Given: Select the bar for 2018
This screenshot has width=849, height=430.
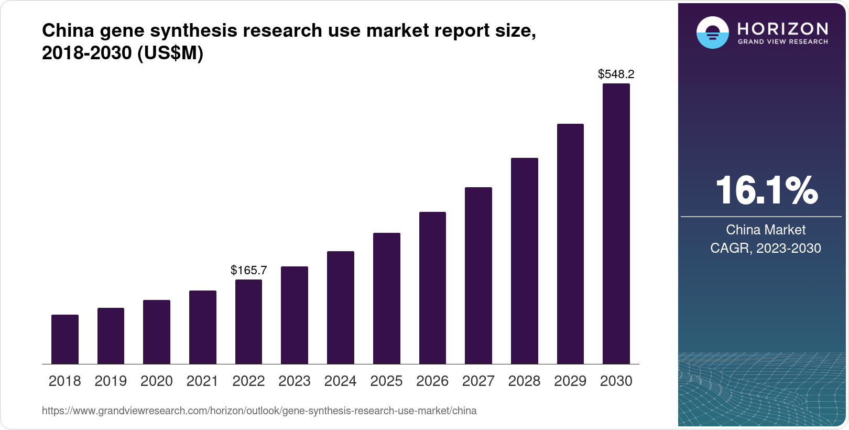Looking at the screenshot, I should coord(65,339).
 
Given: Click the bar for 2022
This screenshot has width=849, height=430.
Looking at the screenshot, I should coord(248,321).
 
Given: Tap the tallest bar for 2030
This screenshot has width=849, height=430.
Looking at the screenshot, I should coord(616,224).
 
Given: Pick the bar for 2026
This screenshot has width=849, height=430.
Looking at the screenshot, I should coord(432,288).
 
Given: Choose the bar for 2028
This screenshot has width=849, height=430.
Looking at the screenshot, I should coord(524,261).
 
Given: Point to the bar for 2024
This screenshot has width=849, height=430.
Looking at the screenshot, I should coord(341,307).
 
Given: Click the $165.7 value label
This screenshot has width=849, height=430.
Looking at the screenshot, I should coord(248,271).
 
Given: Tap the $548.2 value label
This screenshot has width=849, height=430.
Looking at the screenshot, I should coord(616,74).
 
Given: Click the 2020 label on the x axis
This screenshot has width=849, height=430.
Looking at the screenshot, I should coord(157,381).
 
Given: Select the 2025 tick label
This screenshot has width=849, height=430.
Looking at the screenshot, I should coord(386,381).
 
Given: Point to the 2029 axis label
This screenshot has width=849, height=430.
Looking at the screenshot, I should coord(570,381).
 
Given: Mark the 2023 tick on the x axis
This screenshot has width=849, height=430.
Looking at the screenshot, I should coord(295,381).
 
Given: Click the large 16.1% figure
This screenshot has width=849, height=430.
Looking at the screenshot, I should coord(766,190).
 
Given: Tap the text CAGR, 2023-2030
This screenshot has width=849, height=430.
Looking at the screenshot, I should coord(765,248).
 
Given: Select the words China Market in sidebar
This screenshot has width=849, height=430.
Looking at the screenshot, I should coord(765,230).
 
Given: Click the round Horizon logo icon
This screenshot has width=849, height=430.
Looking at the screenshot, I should coord(712,33).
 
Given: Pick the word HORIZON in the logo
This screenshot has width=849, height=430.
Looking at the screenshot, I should coord(782,28).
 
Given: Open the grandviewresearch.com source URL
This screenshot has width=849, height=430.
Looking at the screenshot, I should coord(259,411).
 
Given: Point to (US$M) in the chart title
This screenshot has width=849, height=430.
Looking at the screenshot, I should coord(170,53).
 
